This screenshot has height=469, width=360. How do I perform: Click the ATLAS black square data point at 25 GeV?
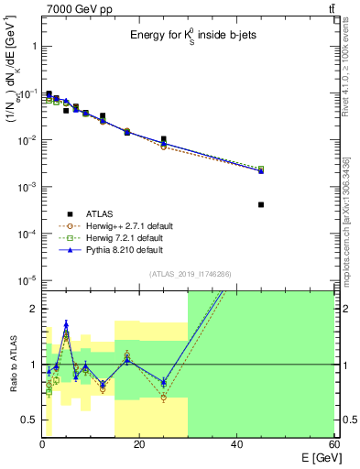point(163,139)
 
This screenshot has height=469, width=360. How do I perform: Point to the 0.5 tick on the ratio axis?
point(29,420)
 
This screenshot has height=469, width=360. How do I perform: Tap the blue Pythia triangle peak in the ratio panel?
point(66,323)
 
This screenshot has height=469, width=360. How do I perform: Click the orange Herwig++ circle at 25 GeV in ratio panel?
point(163,398)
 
